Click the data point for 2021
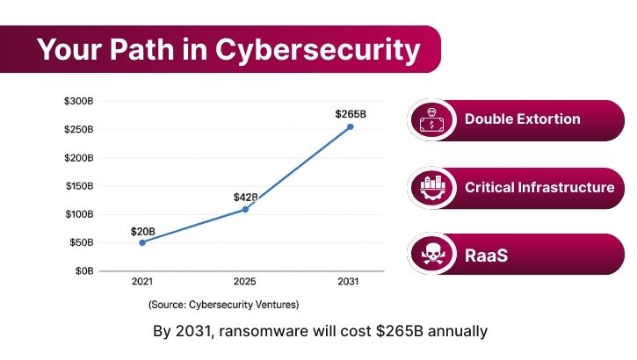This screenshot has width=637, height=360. [x=142, y=242]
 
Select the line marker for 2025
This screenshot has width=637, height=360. [x=245, y=209]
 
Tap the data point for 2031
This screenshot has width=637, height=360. [x=350, y=126]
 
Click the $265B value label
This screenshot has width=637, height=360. [x=350, y=114]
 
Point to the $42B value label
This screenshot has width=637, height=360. [x=245, y=197]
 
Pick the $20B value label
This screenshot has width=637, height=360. [x=142, y=231]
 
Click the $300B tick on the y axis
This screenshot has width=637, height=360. [x=78, y=102]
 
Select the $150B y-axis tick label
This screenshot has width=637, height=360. [x=78, y=186]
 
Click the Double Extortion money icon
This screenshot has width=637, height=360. [x=431, y=119]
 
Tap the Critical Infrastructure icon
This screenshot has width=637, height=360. [x=431, y=187]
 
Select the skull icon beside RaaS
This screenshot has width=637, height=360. [x=431, y=255]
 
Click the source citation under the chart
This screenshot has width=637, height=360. [x=223, y=305]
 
